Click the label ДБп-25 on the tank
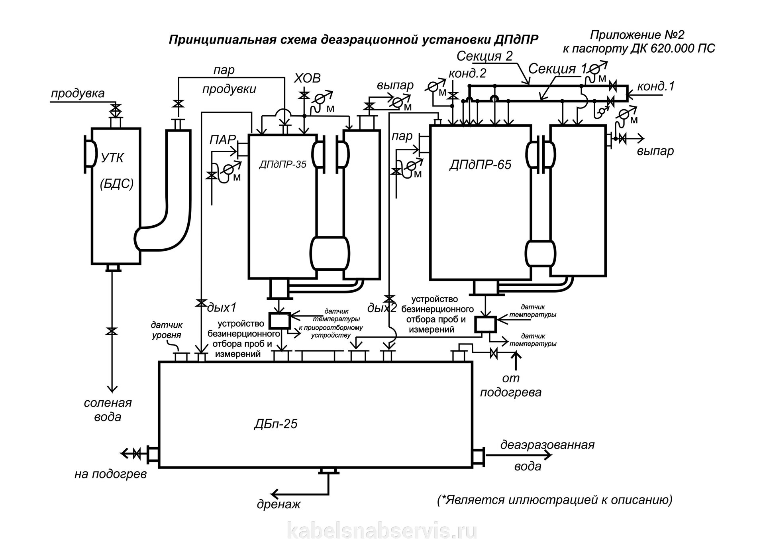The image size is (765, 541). click(x=275, y=424)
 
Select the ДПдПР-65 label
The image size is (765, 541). click(x=480, y=165)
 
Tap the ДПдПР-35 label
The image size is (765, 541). click(x=282, y=164)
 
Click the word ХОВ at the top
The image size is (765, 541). click(x=307, y=78)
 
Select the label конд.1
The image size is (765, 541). click(x=655, y=86)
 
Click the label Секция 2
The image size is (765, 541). click(x=484, y=56)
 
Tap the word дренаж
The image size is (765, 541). click(x=279, y=504)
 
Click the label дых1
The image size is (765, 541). click(x=222, y=307)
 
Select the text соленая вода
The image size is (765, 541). click(x=108, y=410)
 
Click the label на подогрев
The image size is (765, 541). click(x=110, y=474)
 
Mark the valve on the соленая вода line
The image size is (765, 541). click(x=113, y=331)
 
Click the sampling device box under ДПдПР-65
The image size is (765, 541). click(x=484, y=324)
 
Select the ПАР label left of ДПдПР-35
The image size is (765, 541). click(x=223, y=140)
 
